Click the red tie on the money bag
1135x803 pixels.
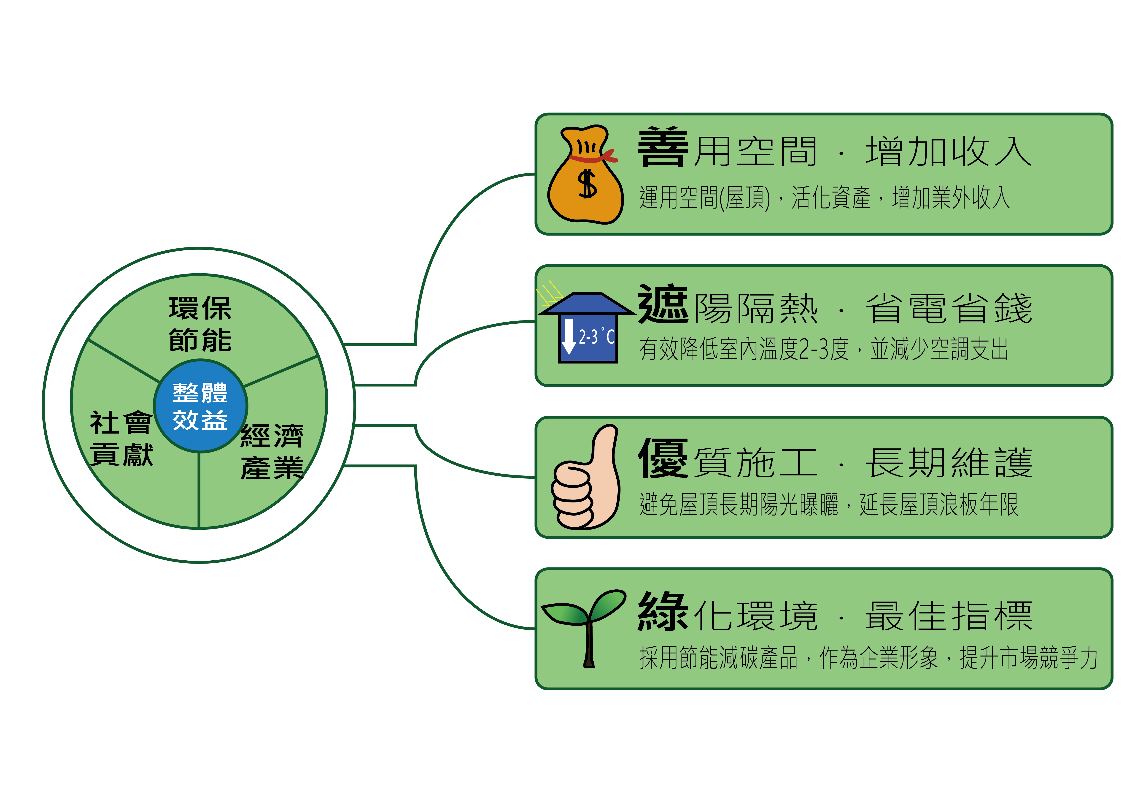(593, 157)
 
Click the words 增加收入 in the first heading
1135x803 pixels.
(949, 151)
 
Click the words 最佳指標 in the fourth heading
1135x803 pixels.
(949, 616)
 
